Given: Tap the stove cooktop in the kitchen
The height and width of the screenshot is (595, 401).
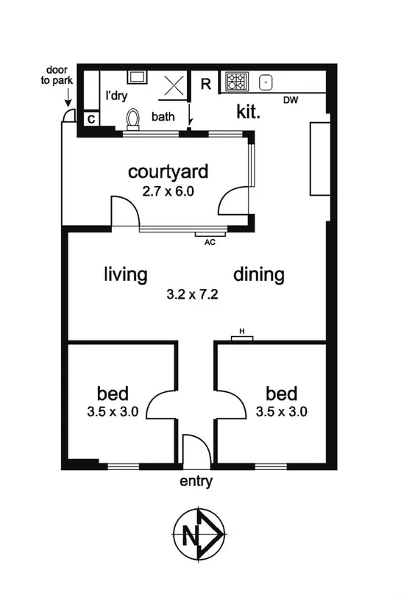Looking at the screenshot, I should pos(237,81).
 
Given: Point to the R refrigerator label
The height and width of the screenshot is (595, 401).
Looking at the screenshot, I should pos(206,84).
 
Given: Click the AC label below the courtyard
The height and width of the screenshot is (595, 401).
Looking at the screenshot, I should pos(208,241).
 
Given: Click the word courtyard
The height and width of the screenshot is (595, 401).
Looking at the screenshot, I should pos(168,172).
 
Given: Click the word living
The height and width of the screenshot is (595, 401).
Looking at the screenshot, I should pos(125,275).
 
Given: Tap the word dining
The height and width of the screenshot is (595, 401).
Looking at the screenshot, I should pos(259,275).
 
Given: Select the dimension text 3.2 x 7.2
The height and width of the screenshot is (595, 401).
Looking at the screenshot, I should pos(194,295).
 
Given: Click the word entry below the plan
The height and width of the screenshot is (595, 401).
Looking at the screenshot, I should pos(196,482).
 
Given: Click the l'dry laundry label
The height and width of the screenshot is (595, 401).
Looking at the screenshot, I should pos(116,96).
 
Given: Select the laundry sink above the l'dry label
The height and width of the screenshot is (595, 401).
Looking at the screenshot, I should pos(137,76).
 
